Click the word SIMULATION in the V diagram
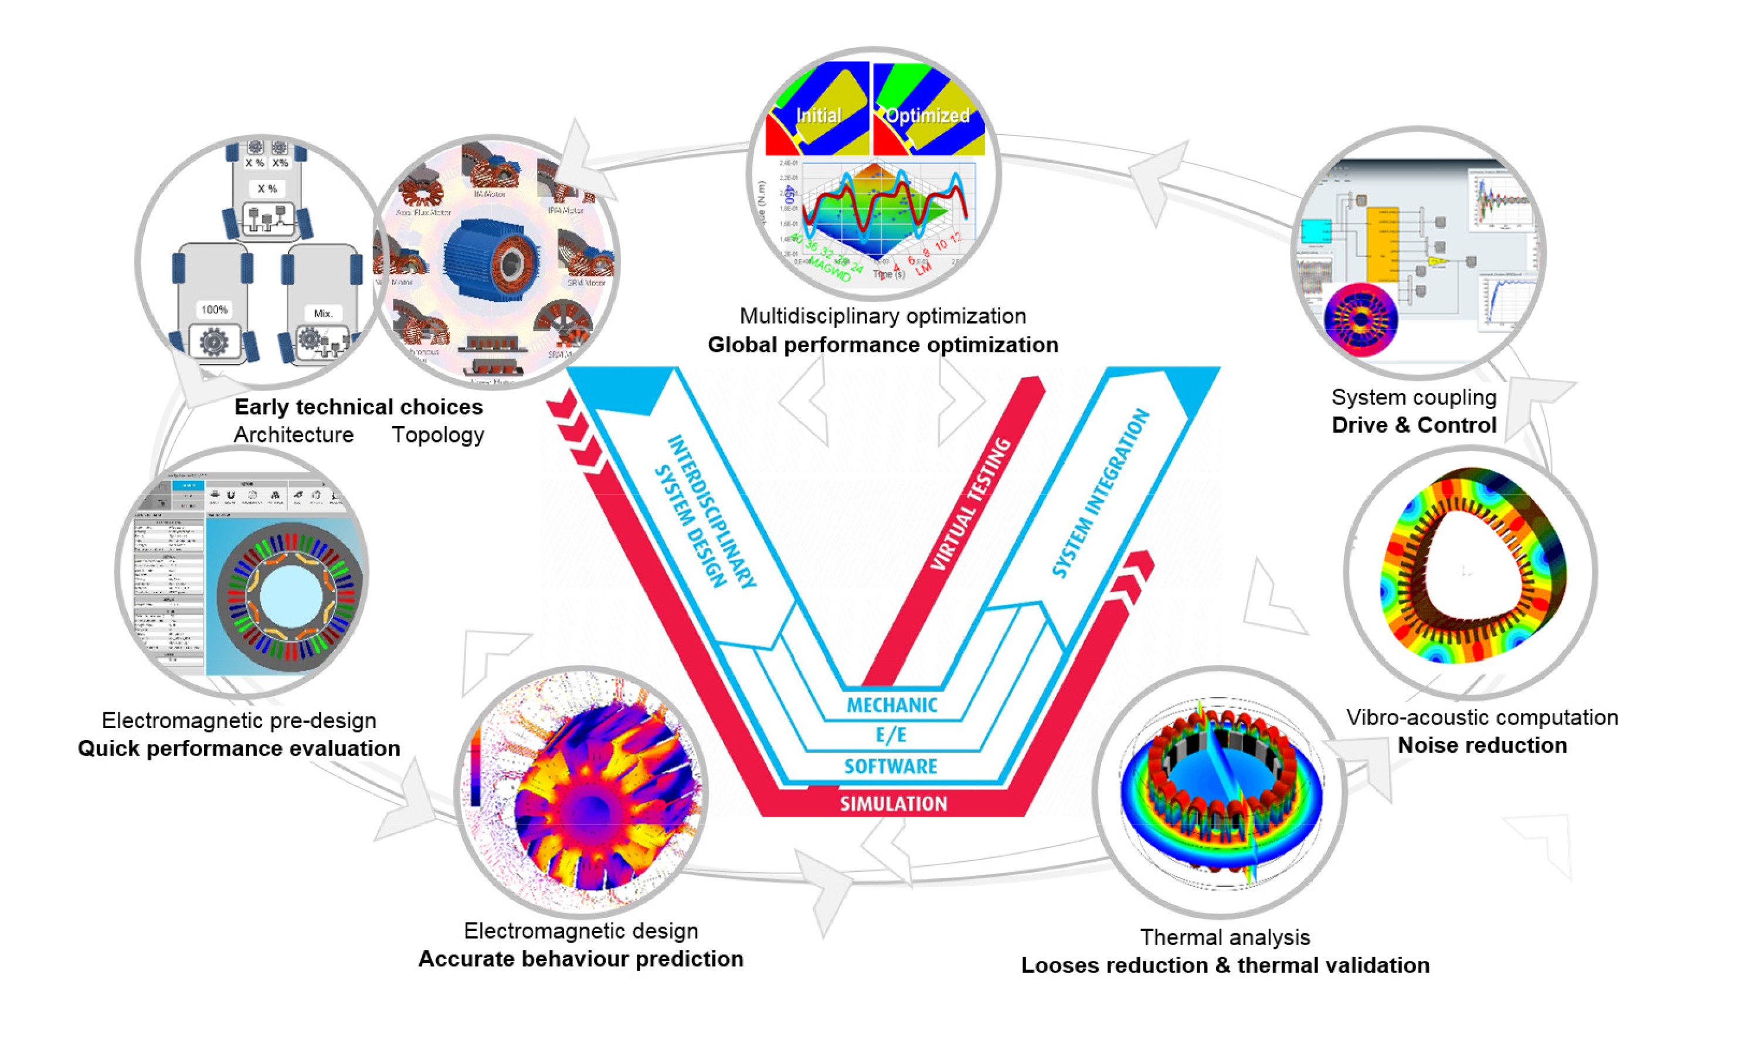(x=892, y=804)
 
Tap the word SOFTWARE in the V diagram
(x=891, y=766)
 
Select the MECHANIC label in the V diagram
(x=892, y=705)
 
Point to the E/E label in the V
(x=891, y=735)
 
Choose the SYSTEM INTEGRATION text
(x=1100, y=493)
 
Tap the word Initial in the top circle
(x=818, y=115)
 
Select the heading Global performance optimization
(x=882, y=345)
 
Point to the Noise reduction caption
(x=1482, y=745)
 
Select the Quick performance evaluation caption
(x=239, y=748)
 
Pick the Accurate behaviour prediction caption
(x=580, y=959)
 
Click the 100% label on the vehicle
(x=214, y=310)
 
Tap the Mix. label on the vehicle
(x=322, y=313)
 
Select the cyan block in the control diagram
(x=1315, y=232)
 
